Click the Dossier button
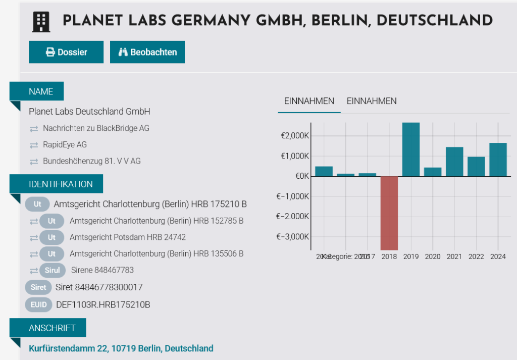(x=66, y=52)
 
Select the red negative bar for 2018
(x=389, y=213)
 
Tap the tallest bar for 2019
(x=411, y=149)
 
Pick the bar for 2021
(x=454, y=162)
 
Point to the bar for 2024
(x=498, y=160)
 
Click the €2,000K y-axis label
(x=295, y=136)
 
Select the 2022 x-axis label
(x=476, y=256)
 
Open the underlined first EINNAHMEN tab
(x=309, y=101)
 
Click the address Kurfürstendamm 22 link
(x=121, y=348)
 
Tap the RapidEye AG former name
(x=65, y=145)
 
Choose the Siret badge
(x=38, y=287)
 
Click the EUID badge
(x=38, y=304)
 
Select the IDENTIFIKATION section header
(x=61, y=184)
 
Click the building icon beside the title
(x=41, y=21)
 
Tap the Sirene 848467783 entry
(x=102, y=270)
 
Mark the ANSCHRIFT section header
(x=52, y=328)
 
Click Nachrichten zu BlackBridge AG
(x=96, y=128)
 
